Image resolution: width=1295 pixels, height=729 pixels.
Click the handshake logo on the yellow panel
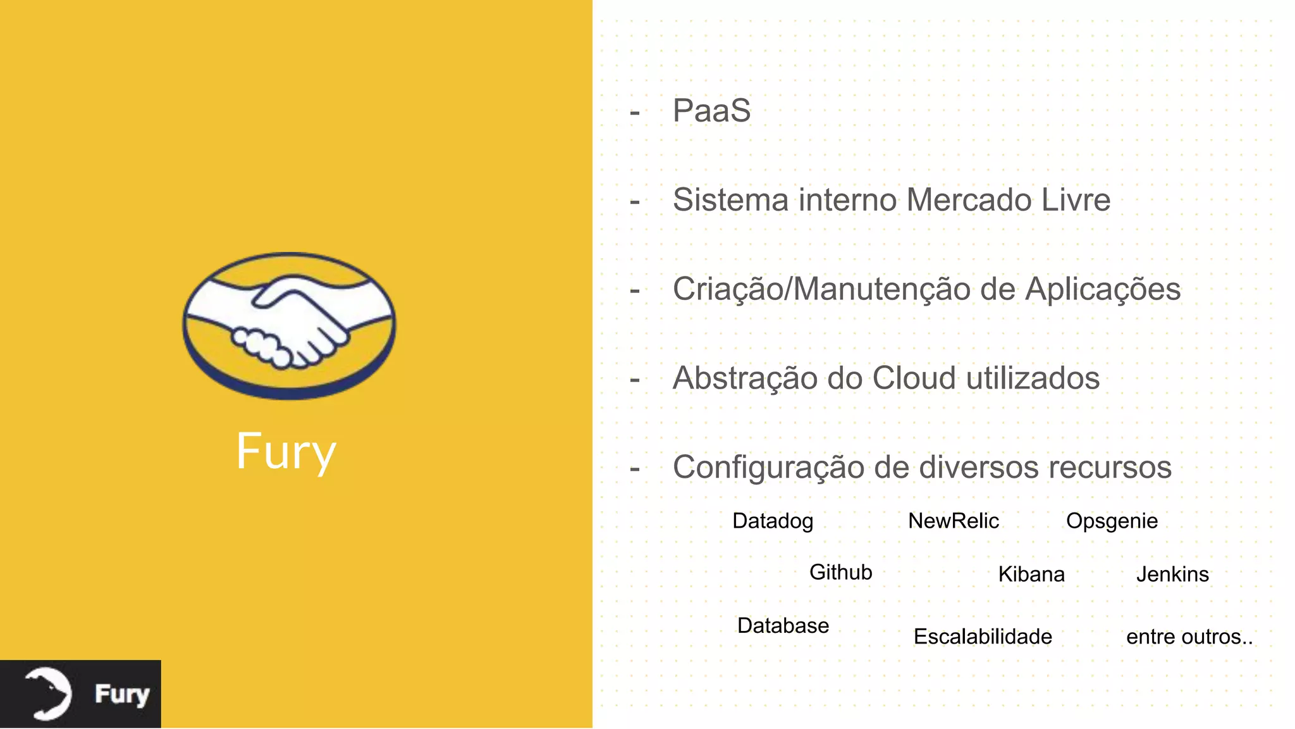(x=289, y=325)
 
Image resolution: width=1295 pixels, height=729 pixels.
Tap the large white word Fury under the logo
(x=286, y=451)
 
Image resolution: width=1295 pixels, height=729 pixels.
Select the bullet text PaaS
(x=711, y=111)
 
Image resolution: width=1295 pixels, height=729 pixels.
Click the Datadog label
(x=773, y=521)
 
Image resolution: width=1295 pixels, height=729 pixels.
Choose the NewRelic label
(x=954, y=521)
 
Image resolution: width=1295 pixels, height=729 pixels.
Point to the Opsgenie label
(x=1112, y=521)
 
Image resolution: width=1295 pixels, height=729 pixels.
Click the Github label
(x=840, y=572)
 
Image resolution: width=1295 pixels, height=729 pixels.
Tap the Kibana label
(x=1031, y=574)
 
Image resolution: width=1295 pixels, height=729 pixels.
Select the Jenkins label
(x=1172, y=574)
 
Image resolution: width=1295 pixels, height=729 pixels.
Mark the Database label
(x=783, y=625)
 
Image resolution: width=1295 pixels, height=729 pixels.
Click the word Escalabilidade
(x=983, y=637)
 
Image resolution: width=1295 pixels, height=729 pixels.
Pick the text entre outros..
(x=1189, y=637)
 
